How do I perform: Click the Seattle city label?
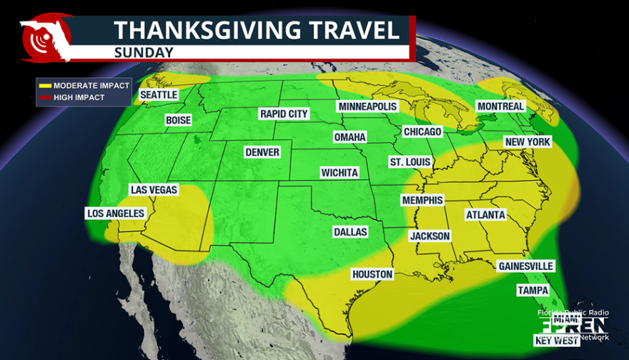point(159,94)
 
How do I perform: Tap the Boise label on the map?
point(178,120)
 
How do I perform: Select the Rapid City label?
point(284,114)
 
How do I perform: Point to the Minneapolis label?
point(367,106)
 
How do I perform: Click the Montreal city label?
point(501,106)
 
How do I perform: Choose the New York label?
point(528,142)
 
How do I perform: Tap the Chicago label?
point(422,131)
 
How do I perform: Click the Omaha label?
point(350,136)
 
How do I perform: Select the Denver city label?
point(262,152)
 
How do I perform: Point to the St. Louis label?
point(410,162)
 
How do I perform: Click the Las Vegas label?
point(154,190)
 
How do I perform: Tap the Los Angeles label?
point(116,213)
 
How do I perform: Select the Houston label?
point(372,274)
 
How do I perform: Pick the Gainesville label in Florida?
point(525,266)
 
